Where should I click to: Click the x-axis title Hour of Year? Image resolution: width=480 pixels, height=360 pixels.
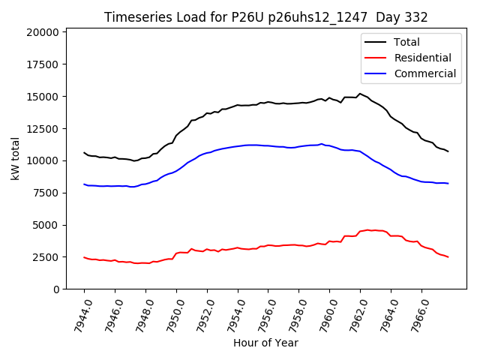point(265,343)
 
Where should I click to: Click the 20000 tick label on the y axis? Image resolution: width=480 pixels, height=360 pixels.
point(43,32)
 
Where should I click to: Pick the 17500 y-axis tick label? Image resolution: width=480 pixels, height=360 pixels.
point(43,64)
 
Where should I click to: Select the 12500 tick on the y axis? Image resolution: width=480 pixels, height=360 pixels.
point(43,128)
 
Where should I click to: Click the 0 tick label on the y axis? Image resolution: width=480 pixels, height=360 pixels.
point(56,289)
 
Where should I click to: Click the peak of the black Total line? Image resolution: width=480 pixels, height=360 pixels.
point(360,94)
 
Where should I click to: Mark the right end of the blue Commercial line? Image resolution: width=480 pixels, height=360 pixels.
point(448,183)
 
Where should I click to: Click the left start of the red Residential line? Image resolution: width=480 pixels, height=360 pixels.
point(84,257)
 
